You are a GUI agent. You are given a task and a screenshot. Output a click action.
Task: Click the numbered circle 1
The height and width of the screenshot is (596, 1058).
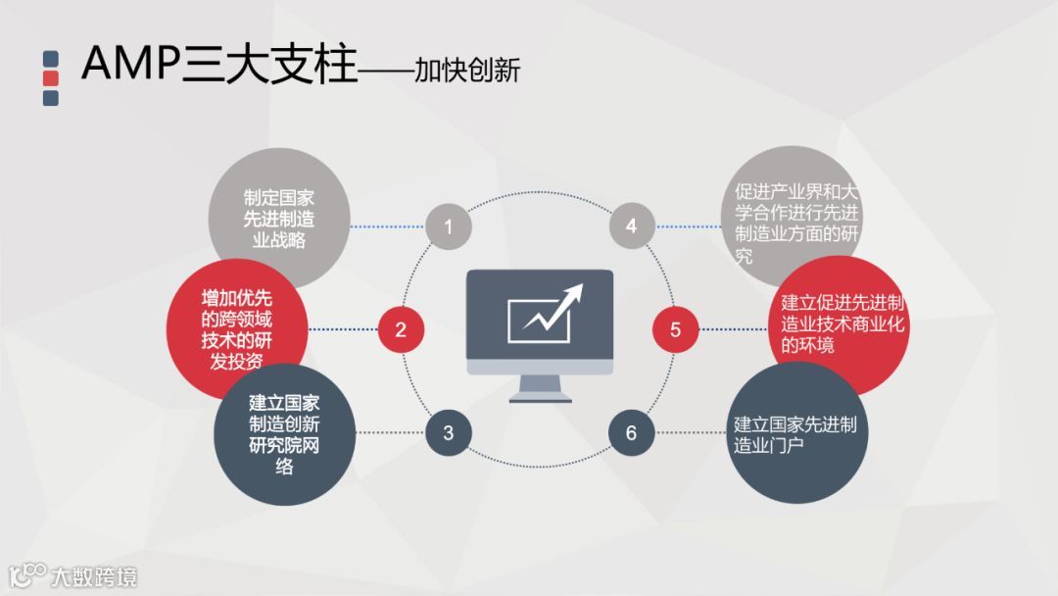coord(449,227)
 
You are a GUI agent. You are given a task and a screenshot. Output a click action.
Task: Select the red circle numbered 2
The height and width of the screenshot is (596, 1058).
coord(401,329)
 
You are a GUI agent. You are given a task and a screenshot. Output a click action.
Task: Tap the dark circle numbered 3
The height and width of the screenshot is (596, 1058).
coord(449,432)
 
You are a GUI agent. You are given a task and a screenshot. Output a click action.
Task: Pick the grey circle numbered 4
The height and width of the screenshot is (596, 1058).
coord(631,227)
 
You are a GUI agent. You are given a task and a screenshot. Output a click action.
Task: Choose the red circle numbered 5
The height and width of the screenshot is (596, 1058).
coord(676,329)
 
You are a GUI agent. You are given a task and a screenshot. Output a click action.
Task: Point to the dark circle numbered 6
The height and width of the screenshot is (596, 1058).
coord(631,432)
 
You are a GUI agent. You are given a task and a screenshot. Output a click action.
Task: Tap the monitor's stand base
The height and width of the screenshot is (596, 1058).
coord(540,397)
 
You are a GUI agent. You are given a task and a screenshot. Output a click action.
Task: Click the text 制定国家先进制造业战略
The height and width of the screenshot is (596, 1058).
coord(278,217)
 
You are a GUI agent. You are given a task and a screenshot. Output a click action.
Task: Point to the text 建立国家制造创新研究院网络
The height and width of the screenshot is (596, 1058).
coord(284,434)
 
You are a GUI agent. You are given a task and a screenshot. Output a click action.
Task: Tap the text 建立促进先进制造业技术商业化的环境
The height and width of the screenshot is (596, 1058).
coord(842,323)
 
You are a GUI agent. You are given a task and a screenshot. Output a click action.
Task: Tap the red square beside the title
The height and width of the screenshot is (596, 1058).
coord(52,77)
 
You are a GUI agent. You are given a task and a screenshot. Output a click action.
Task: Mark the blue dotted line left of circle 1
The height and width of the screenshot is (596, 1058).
coord(387,227)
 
